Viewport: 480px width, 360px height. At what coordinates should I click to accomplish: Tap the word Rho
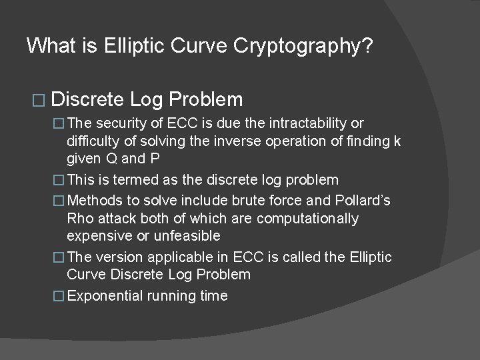(80, 219)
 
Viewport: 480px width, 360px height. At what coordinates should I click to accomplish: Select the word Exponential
(106, 296)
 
